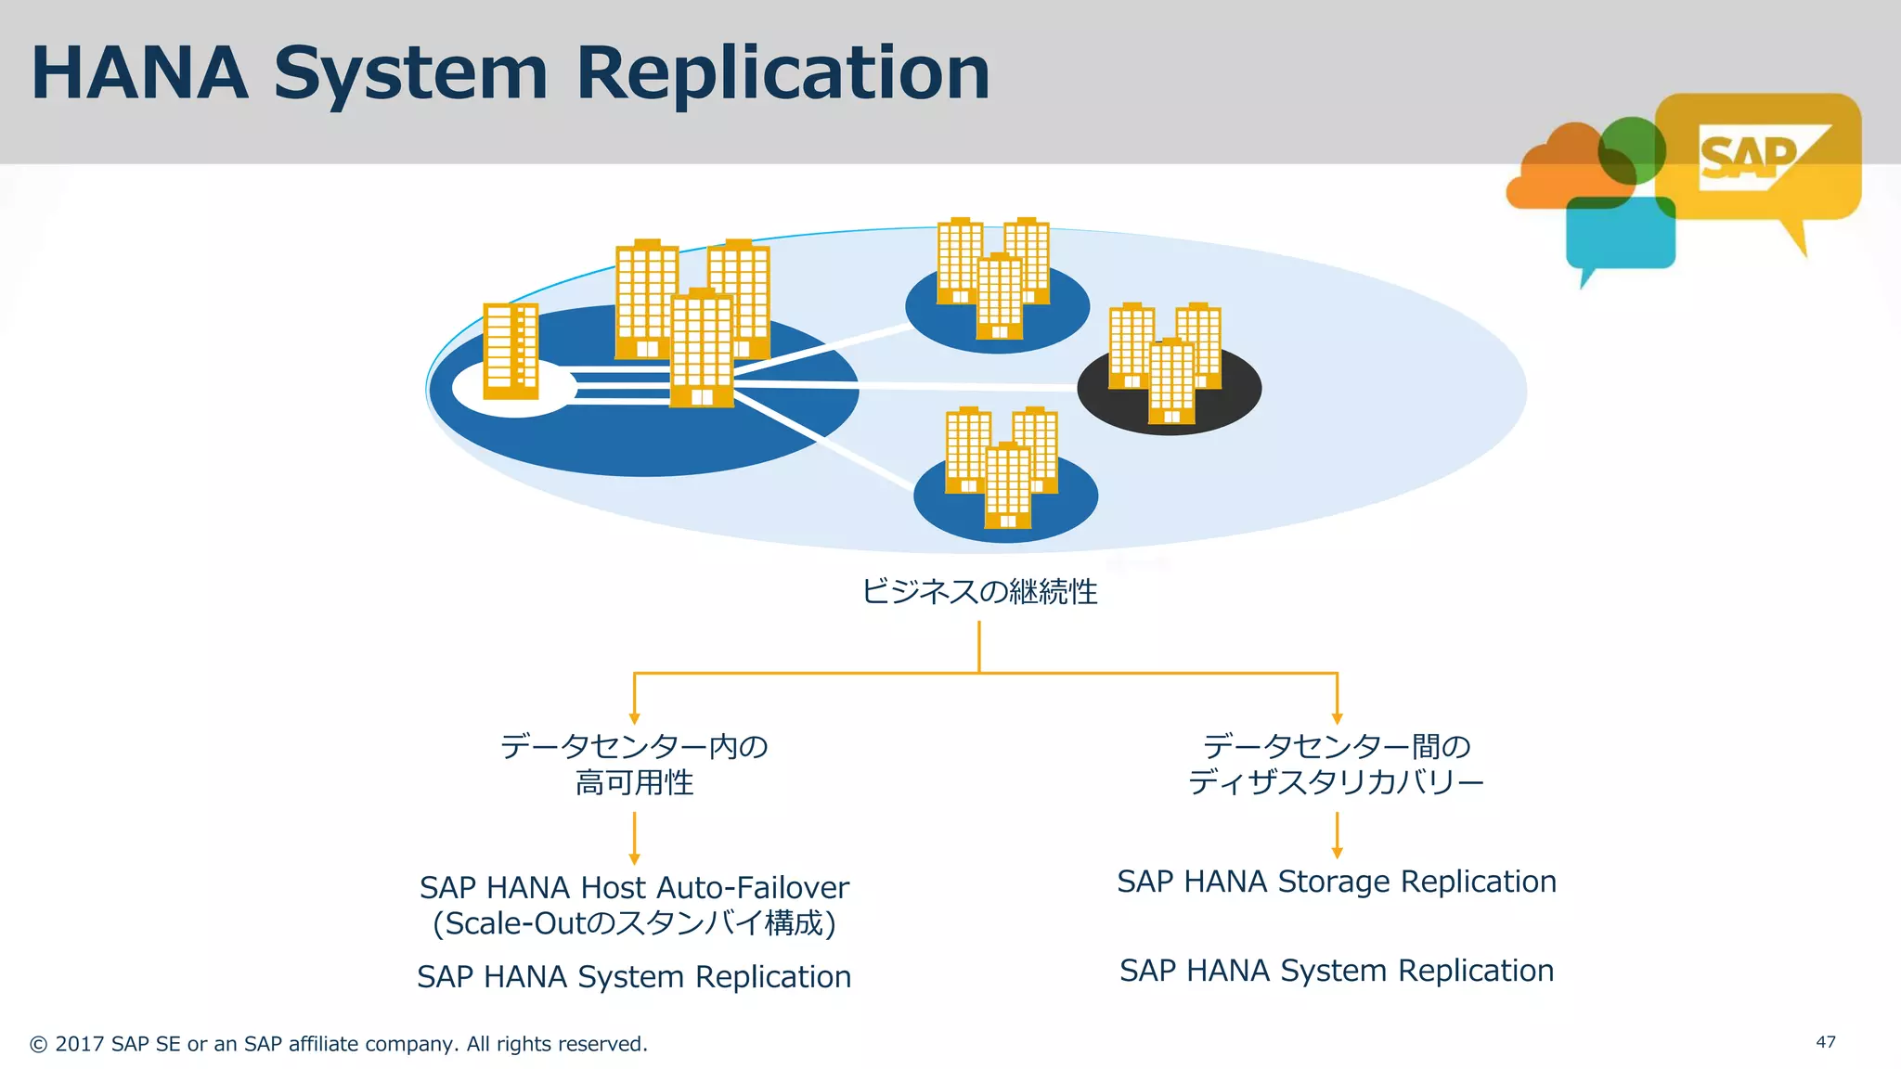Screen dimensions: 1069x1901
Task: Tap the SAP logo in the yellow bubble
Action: point(1750,159)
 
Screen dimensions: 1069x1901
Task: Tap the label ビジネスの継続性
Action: point(979,591)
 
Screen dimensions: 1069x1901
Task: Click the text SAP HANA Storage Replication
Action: point(1337,881)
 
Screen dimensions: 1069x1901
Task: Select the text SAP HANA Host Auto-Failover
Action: point(634,887)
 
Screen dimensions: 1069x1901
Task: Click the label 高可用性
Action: point(634,782)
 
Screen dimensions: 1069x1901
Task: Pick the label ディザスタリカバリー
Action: point(1337,782)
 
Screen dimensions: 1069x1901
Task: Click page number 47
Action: point(1825,1042)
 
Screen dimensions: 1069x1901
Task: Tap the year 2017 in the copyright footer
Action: point(80,1044)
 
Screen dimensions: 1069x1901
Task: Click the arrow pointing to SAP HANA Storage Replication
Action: point(1337,835)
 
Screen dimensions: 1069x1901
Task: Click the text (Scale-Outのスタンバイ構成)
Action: point(634,923)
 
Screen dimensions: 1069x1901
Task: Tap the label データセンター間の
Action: point(1337,746)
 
